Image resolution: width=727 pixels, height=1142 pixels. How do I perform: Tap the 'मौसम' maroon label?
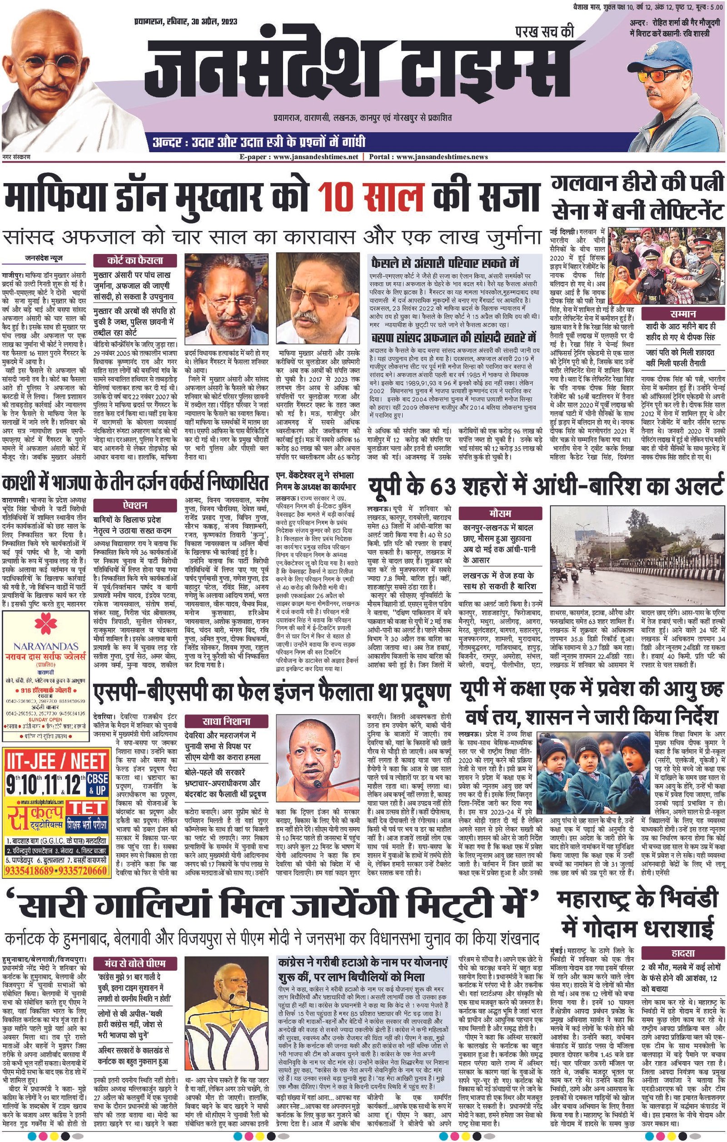point(500,513)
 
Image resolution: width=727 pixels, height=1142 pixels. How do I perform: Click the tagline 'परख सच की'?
point(544,32)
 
